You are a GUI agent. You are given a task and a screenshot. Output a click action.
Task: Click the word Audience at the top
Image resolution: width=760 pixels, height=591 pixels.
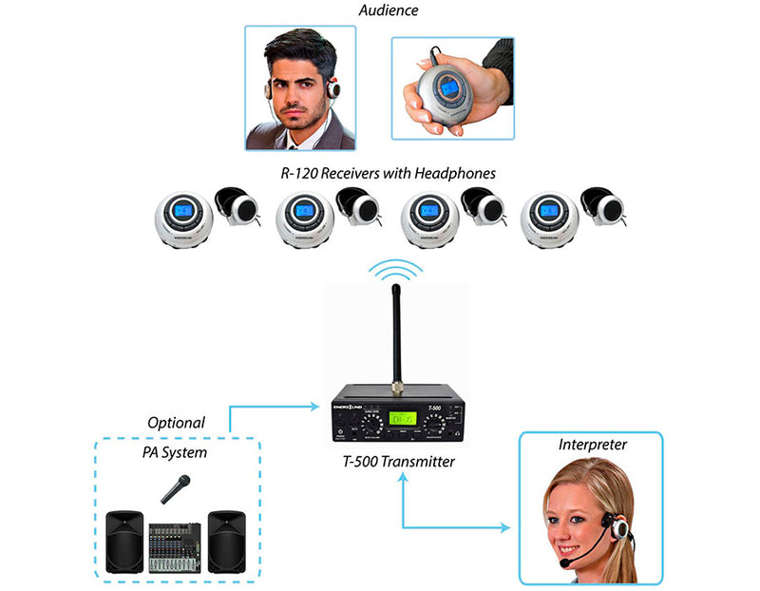click(388, 10)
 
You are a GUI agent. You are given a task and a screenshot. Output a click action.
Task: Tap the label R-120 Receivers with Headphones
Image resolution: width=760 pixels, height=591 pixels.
click(387, 173)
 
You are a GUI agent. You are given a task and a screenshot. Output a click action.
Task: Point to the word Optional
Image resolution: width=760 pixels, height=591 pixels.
click(176, 422)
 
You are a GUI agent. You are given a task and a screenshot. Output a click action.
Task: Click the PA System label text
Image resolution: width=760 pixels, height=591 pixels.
click(176, 452)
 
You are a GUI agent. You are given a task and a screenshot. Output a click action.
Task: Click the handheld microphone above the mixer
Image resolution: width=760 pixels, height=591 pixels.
click(177, 489)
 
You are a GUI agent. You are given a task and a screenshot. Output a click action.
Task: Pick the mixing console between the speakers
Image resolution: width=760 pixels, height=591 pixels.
click(176, 547)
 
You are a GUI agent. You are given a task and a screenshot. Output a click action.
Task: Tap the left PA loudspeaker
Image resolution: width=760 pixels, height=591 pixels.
click(124, 542)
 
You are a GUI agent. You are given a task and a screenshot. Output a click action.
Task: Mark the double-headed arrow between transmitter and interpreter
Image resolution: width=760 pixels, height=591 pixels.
click(446, 524)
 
